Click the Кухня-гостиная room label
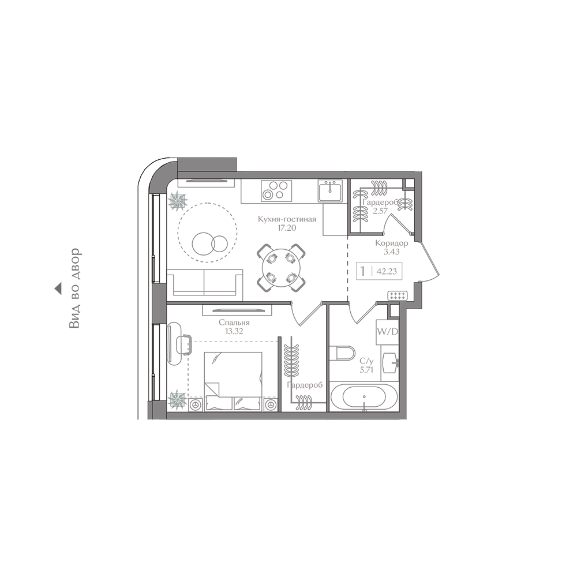tap(287, 220)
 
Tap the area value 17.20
tap(287, 228)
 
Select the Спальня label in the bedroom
tap(234, 323)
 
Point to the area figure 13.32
tap(234, 331)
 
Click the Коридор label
tap(391, 243)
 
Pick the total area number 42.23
tap(387, 272)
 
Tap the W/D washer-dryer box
tap(387, 332)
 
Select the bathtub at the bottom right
tap(364, 398)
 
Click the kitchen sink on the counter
tap(330, 191)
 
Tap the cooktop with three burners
tap(276, 190)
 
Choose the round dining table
tap(281, 268)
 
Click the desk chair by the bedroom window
tap(183, 344)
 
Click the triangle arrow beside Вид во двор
tap(58, 288)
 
